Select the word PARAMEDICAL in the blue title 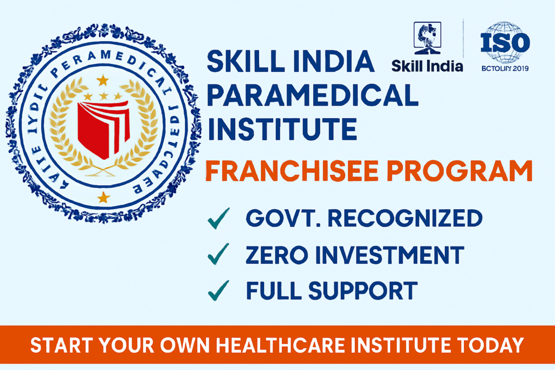[x=313, y=96]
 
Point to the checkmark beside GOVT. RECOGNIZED [x=218, y=219]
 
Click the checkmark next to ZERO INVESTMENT [x=218, y=255]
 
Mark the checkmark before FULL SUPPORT [x=218, y=291]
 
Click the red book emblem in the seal [x=103, y=128]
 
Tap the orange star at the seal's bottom [x=103, y=196]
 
